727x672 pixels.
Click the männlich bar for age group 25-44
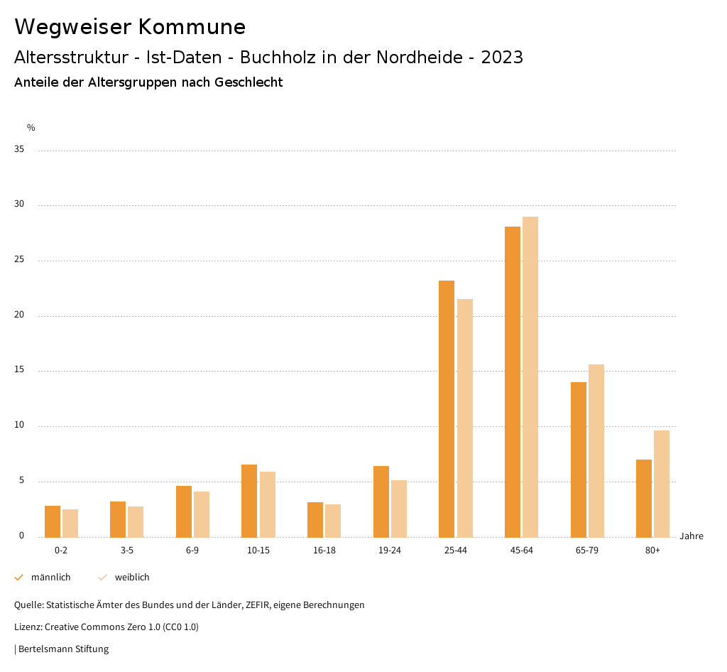(x=447, y=408)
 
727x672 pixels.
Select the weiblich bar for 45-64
(x=530, y=376)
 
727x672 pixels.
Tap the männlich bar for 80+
(x=644, y=498)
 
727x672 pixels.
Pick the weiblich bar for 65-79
(x=596, y=450)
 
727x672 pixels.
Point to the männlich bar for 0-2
(x=53, y=521)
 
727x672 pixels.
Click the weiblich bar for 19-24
(x=399, y=509)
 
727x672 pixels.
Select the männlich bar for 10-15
(x=249, y=501)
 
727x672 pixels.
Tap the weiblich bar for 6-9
(x=202, y=514)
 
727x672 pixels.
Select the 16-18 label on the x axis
(x=324, y=551)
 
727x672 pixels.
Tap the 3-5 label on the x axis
(x=127, y=551)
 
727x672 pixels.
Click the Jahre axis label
(x=691, y=536)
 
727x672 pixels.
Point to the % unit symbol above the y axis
(x=31, y=128)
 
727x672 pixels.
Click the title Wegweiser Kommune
(x=130, y=27)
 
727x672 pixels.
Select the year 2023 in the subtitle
(x=502, y=58)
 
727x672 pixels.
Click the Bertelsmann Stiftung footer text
(x=63, y=649)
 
